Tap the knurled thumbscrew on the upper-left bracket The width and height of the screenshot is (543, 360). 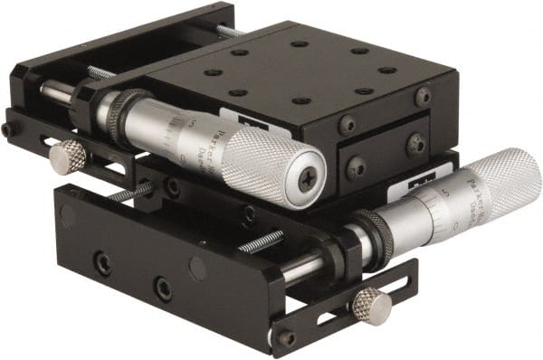click(x=68, y=158)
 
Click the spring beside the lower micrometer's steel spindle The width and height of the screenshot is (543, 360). click(x=262, y=242)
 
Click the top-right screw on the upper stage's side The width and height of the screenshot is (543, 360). click(x=423, y=96)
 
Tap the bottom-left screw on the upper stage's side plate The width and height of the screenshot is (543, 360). click(x=356, y=168)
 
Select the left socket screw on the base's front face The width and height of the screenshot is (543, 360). click(x=103, y=264)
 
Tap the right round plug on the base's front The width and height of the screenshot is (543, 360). click(x=197, y=268)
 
